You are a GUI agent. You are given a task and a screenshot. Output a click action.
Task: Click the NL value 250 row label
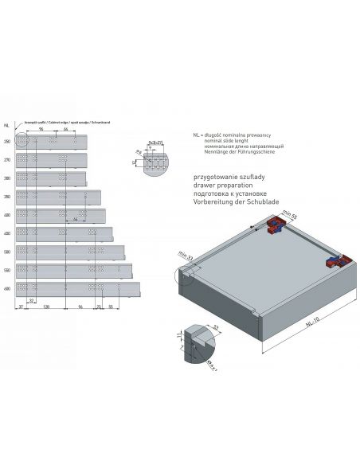click(6, 141)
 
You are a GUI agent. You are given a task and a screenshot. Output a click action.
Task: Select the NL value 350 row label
click(6, 196)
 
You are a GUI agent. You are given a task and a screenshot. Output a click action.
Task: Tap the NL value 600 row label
click(6, 287)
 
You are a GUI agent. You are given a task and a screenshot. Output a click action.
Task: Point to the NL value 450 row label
click(6, 232)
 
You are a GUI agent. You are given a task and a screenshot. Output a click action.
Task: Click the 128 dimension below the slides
click(46, 305)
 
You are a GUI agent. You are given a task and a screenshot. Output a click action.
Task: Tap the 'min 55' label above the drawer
click(288, 216)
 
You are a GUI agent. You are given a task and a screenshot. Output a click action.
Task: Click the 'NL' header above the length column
click(6, 124)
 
